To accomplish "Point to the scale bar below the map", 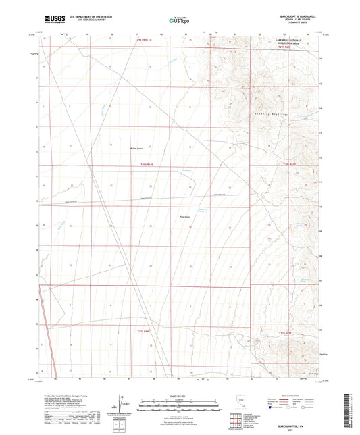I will click(x=179, y=403).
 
